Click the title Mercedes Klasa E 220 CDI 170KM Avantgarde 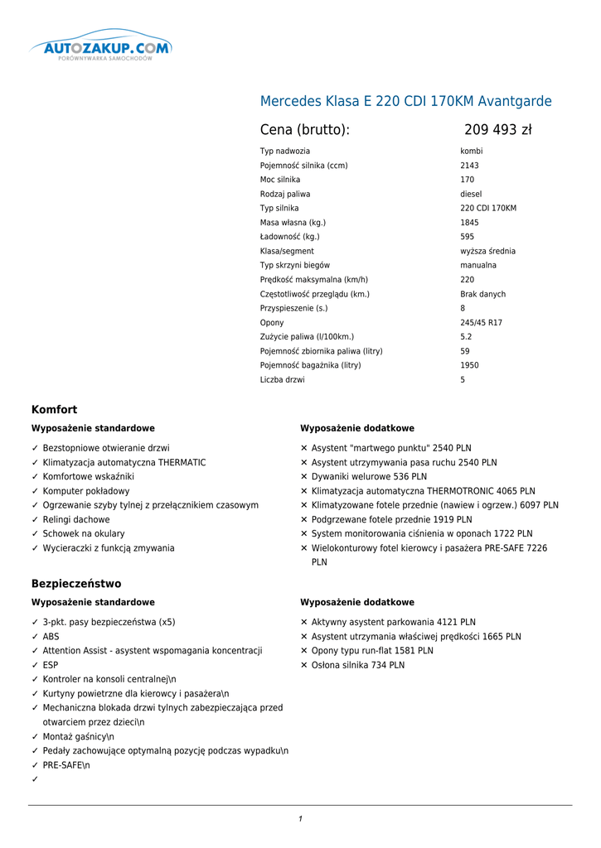405,102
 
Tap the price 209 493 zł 497,130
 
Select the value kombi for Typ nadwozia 472,152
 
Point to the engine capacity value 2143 469,166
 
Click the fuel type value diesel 471,195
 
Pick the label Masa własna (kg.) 293,223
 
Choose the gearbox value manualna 478,266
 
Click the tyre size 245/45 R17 481,323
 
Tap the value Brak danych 482,295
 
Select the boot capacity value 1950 469,365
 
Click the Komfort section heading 54,410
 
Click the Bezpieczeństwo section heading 76,584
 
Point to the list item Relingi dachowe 76,520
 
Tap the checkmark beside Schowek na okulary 35,534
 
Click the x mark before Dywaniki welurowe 304,477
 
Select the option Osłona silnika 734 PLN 358,665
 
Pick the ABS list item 51,637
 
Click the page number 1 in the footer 300,819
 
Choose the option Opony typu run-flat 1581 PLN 372,651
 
